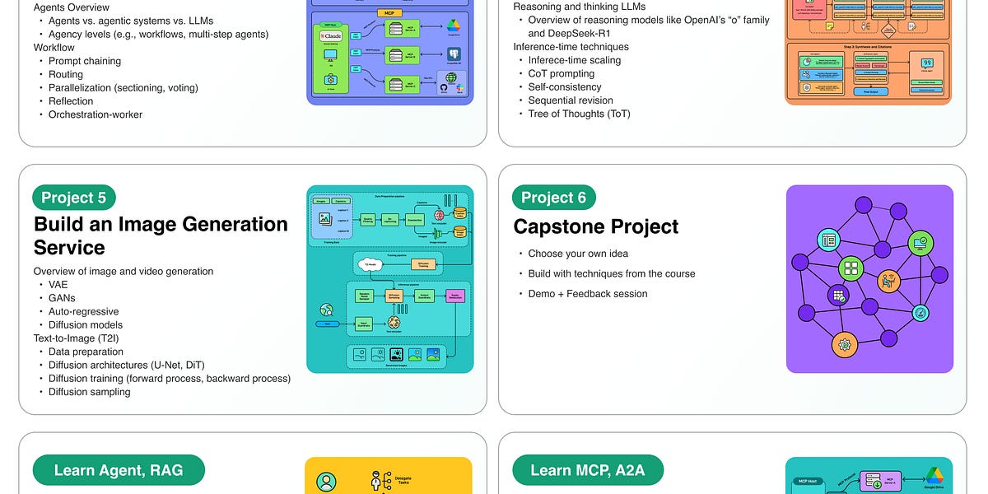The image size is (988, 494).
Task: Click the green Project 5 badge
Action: coord(74,198)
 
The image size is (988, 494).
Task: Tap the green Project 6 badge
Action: coord(554,198)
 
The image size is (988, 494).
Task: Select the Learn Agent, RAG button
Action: coord(119,470)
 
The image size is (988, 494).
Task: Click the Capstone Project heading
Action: coord(596,226)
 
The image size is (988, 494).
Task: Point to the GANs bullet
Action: coord(62,298)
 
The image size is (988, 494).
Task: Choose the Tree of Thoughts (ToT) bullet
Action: coord(579,114)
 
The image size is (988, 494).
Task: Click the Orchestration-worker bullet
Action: coord(95,114)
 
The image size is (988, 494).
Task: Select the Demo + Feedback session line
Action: coord(587,294)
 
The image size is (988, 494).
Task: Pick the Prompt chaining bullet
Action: coord(84,61)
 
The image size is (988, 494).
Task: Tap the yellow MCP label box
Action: coord(389,13)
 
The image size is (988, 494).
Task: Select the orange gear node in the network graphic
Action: coord(844,344)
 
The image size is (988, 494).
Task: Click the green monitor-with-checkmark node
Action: coord(920,243)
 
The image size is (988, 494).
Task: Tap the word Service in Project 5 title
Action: coord(70,248)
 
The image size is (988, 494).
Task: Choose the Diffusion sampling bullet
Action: coord(89,392)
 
